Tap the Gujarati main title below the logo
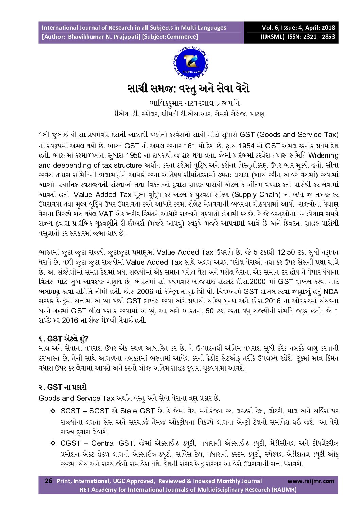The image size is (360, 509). tap(188, 89)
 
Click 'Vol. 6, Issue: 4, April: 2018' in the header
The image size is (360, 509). tap(298, 28)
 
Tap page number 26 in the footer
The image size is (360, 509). tap(49, 481)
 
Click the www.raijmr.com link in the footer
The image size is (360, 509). tap(311, 481)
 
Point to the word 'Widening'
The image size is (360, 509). tap(323, 155)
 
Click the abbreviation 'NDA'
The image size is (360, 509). tap(330, 292)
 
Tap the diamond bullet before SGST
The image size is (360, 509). tap(53, 411)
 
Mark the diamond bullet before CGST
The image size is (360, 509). tap(53, 443)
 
